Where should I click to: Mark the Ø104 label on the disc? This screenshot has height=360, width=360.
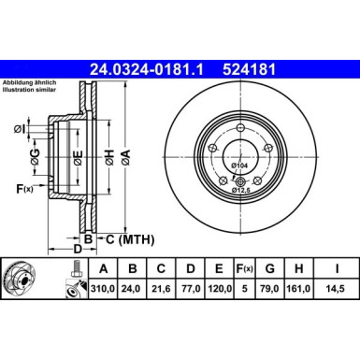pyautogui.click(x=238, y=165)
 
